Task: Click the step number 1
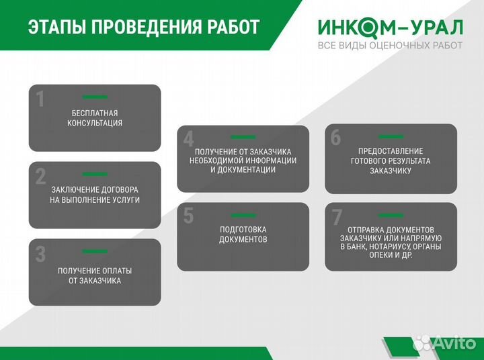click(40, 99)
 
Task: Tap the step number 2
click(40, 177)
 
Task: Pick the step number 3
click(40, 254)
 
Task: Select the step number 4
click(189, 139)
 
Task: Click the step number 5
click(189, 216)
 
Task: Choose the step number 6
click(336, 137)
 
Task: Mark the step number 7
click(337, 218)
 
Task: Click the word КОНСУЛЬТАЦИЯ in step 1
click(95, 123)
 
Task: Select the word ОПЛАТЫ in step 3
click(117, 271)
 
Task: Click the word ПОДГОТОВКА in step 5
click(243, 229)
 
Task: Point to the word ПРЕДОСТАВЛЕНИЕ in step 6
click(391, 151)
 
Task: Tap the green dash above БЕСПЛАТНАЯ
click(95, 97)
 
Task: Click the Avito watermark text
click(454, 344)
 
